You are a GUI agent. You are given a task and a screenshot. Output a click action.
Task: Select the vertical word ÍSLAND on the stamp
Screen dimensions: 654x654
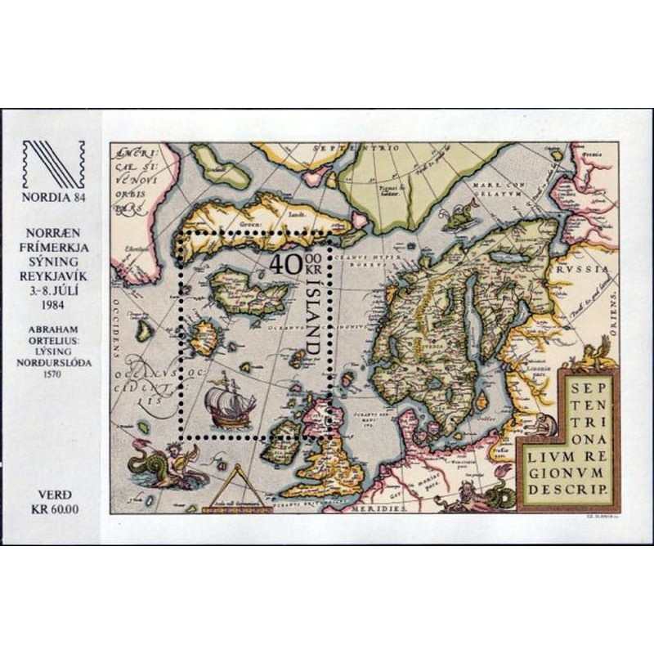coord(311,319)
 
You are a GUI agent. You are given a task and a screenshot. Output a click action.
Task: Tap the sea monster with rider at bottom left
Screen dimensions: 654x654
coord(163,466)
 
